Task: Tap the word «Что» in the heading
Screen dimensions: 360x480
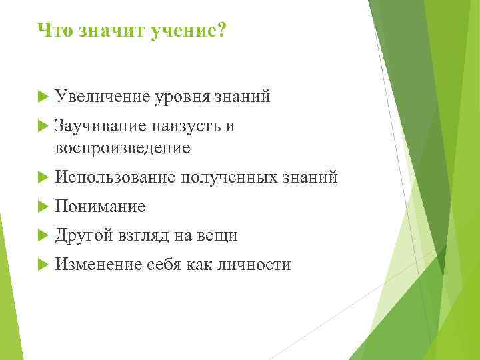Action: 53,31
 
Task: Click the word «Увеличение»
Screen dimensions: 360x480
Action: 103,97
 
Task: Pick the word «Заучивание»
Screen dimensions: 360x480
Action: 102,127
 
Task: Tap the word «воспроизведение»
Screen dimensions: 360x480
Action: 123,147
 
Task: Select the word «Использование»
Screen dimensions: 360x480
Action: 115,177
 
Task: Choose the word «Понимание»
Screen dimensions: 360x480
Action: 100,207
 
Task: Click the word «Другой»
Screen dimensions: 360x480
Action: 85,236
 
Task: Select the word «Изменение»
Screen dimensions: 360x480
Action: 99,265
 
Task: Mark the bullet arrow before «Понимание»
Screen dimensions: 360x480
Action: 43,207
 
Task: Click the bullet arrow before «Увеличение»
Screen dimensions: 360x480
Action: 43,97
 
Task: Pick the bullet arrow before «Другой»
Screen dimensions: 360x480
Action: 43,236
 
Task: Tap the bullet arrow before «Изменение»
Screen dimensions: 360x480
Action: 43,265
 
